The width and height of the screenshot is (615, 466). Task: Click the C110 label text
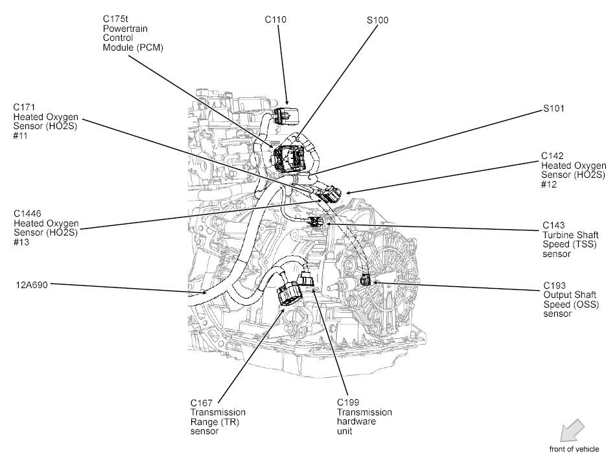pos(275,19)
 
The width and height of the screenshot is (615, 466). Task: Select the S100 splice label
pos(377,20)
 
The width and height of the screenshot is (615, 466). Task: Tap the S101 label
pos(553,108)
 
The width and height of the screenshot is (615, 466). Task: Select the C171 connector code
pos(25,107)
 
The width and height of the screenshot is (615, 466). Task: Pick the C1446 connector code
pos(27,213)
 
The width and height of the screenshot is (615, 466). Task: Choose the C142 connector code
pos(553,156)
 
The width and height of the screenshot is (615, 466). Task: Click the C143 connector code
pos(554,225)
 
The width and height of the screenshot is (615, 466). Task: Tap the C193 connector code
pos(554,285)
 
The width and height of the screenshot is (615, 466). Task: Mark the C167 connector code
pos(202,403)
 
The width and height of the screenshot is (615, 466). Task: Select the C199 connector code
pos(348,403)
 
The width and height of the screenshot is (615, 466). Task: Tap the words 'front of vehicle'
pos(574,449)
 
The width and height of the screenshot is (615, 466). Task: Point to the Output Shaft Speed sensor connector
pos(366,280)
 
